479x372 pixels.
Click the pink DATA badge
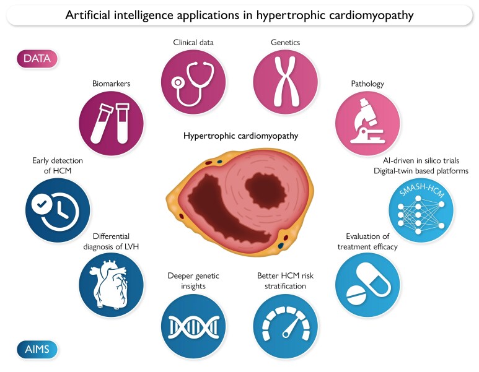[37, 59]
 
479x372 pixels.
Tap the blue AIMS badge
[37, 350]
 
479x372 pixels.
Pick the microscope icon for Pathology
[367, 123]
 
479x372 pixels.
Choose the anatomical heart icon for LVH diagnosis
[112, 284]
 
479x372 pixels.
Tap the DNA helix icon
[192, 324]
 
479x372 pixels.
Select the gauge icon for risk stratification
[286, 324]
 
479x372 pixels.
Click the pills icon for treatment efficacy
[367, 284]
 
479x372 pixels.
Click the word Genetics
[286, 43]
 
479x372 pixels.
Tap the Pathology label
[367, 83]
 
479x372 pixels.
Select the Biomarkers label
[112, 83]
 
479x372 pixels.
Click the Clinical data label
[192, 43]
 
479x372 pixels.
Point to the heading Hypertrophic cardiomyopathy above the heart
[239, 136]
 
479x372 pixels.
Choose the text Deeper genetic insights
[193, 280]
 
